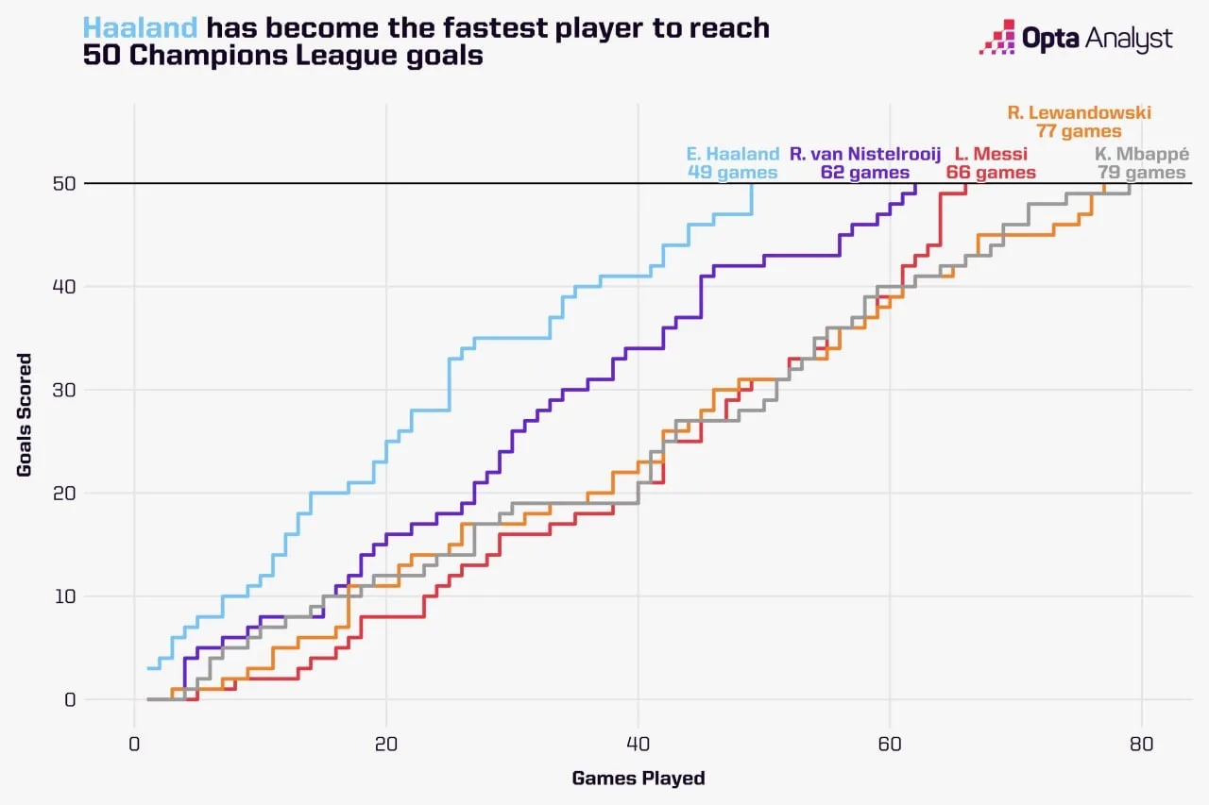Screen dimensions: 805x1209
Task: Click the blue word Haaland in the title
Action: tap(140, 28)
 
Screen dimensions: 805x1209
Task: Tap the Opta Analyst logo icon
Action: tap(997, 39)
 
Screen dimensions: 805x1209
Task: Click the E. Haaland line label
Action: tap(733, 154)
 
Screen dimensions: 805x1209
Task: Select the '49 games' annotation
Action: tap(733, 173)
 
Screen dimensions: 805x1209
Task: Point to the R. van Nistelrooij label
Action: tap(865, 154)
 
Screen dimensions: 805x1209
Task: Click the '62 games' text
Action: tap(865, 173)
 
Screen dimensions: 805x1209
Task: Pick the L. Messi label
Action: tap(991, 154)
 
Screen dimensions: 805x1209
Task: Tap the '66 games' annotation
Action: tap(991, 173)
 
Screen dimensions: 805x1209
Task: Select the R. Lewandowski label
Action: tap(1079, 113)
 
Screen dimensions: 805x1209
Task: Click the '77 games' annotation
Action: tap(1079, 132)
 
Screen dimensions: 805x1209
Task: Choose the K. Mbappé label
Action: tap(1141, 154)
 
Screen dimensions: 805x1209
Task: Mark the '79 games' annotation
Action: tap(1141, 173)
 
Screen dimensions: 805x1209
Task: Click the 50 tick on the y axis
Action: tap(63, 183)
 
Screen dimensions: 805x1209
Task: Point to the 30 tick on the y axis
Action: tap(63, 390)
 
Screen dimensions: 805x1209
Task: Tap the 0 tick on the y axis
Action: tap(69, 700)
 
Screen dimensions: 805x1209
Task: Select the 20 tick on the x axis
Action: tap(386, 743)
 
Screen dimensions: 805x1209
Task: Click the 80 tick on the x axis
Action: tap(1142, 743)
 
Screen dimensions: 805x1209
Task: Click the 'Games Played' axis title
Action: tap(639, 779)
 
